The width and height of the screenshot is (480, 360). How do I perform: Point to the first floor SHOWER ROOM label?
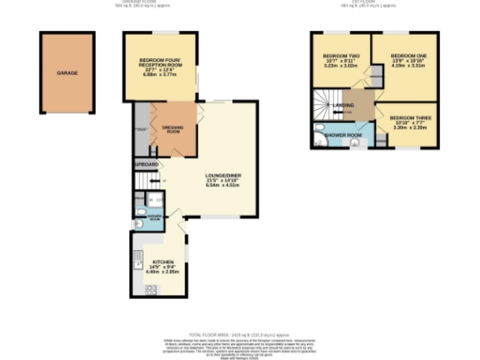(x=343, y=133)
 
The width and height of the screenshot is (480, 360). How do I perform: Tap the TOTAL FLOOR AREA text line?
(x=240, y=334)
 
